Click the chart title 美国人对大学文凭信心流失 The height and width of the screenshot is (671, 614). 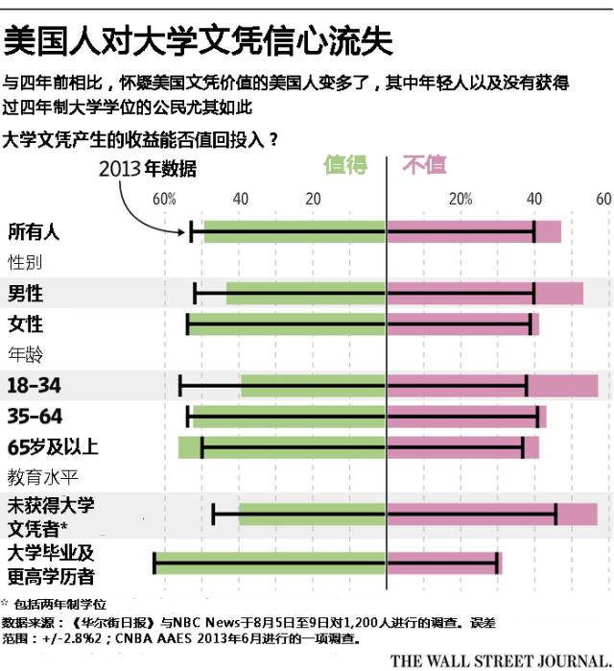[197, 40]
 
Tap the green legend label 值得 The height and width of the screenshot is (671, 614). [345, 165]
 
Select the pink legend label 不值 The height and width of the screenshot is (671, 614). [424, 165]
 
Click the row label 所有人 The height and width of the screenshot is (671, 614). [34, 231]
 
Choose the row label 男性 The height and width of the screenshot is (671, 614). [26, 293]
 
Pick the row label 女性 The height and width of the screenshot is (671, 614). [26, 324]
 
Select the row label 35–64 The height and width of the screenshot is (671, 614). [34, 417]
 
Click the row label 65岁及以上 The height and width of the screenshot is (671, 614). [53, 447]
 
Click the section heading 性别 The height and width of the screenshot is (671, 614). [26, 261]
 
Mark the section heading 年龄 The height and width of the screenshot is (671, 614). [26, 354]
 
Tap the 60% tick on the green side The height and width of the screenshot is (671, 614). [164, 200]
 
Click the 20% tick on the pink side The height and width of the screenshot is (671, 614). [461, 200]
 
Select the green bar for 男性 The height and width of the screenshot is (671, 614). [305, 293]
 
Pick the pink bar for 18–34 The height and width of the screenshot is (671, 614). [491, 386]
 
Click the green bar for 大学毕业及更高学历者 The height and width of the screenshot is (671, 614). [271, 563]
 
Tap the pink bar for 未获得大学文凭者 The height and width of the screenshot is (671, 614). [491, 515]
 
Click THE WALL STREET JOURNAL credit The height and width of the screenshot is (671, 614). [499, 659]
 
